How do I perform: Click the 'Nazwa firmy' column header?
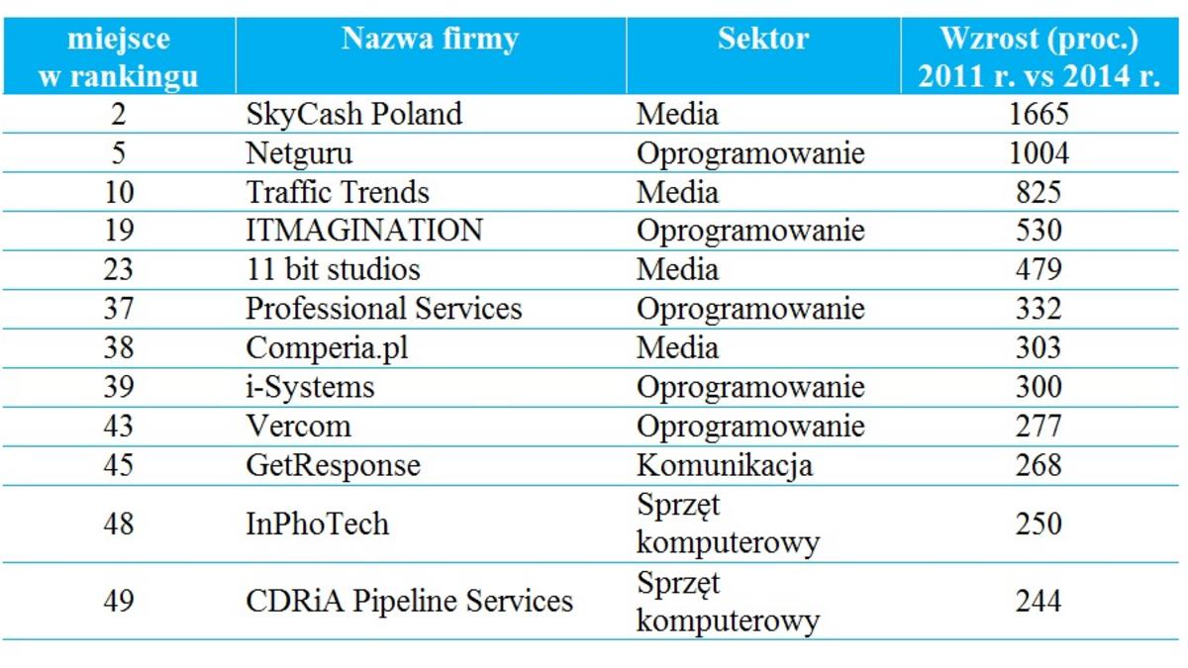pos(430,40)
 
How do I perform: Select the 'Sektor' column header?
pos(762,40)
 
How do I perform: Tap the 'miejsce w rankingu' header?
pos(119,57)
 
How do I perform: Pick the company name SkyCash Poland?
pos(353,115)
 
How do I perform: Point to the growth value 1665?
pos(1039,115)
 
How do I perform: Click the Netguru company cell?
pos(299,153)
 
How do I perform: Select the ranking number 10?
pos(119,192)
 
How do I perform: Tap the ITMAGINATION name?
pos(364,231)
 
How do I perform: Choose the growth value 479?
pos(1039,269)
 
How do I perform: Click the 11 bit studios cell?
pos(333,269)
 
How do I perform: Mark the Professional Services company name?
pos(383,309)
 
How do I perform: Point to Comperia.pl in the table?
pos(320,347)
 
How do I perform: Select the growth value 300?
pos(1039,387)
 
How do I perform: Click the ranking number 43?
pos(119,427)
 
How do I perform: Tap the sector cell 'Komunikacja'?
pos(724,465)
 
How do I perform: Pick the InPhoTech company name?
pos(317,524)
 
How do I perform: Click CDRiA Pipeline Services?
pos(409,601)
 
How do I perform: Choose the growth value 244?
pos(1039,601)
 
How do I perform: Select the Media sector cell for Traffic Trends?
pos(677,192)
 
